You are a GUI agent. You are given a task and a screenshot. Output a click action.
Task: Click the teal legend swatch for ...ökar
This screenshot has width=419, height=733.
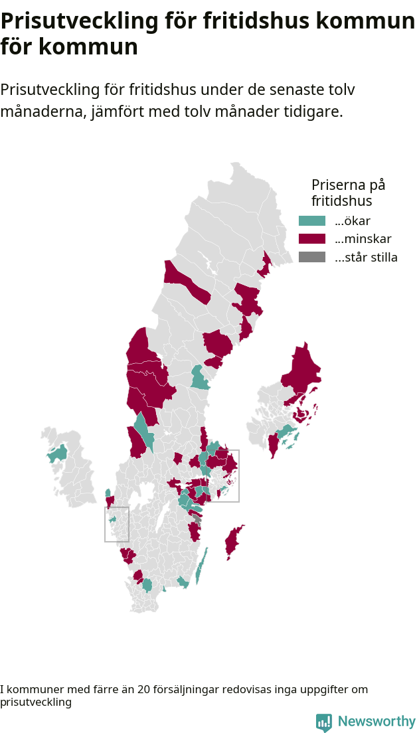click(312, 221)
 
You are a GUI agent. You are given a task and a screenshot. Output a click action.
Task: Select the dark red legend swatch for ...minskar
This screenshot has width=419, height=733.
click(312, 239)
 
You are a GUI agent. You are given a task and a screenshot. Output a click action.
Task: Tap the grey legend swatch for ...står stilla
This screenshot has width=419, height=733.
click(312, 258)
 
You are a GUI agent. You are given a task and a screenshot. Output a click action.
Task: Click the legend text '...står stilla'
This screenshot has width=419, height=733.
click(366, 258)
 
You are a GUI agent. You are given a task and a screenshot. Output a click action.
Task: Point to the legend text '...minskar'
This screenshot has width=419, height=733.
click(363, 239)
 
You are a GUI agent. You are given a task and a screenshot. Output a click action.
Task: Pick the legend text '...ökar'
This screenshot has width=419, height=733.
click(353, 221)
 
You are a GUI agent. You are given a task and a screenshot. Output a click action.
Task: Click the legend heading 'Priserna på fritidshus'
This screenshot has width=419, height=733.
click(348, 193)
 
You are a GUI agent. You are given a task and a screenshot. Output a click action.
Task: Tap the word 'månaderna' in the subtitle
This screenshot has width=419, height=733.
click(41, 112)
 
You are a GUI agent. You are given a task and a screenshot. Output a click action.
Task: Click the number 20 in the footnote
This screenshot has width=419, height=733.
click(143, 690)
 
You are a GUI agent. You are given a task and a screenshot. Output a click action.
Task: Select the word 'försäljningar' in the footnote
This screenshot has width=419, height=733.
click(187, 690)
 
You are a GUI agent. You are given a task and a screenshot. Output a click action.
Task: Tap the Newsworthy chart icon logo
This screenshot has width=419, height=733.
click(323, 722)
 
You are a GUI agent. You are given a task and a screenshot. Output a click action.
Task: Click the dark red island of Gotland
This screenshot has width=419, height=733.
click(233, 541)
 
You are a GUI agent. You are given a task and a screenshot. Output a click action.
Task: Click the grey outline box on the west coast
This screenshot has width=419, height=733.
click(117, 524)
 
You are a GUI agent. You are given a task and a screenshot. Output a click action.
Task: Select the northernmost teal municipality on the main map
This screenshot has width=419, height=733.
click(198, 378)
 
